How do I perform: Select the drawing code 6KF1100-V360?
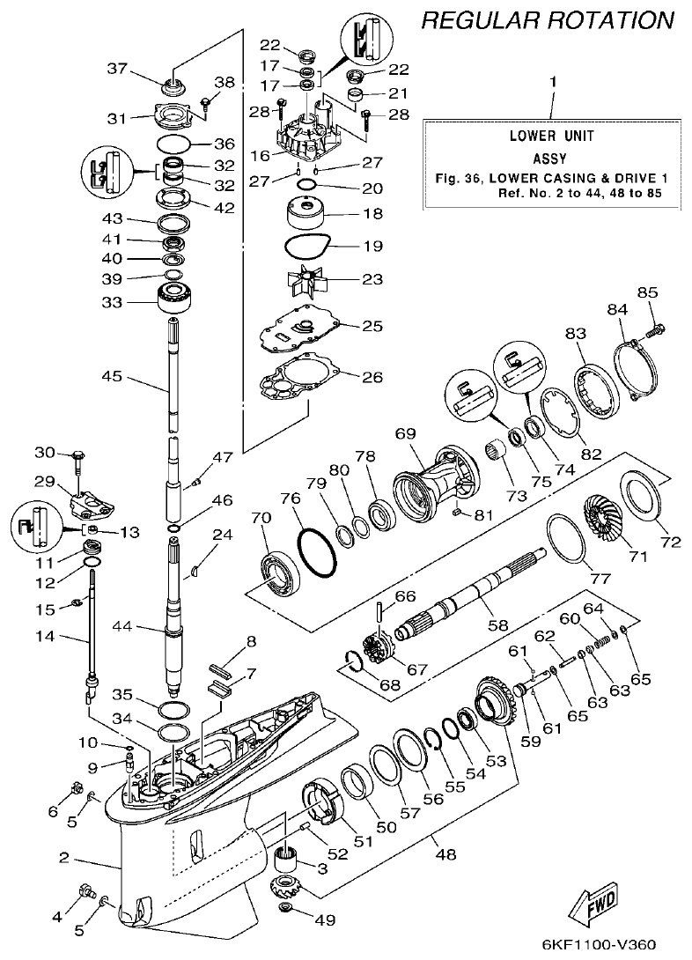point(598,945)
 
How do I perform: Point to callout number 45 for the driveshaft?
point(112,376)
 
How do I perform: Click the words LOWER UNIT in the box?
point(551,136)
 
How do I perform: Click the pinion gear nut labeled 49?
point(286,908)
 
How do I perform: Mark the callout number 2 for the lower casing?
point(64,857)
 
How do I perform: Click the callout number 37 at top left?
point(117,69)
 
